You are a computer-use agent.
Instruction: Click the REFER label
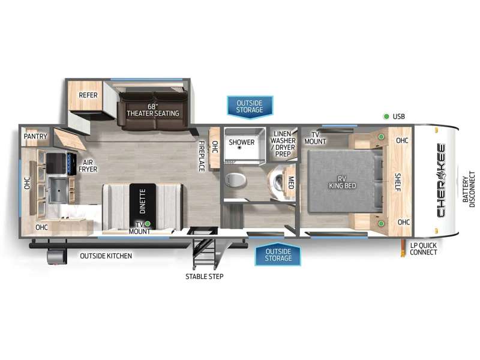88,95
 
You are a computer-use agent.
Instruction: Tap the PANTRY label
35,136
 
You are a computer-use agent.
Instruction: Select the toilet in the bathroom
235,180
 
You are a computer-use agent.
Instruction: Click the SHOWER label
242,142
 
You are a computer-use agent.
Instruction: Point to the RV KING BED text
342,182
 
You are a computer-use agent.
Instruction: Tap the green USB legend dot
386,116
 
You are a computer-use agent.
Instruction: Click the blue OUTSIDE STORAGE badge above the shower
250,107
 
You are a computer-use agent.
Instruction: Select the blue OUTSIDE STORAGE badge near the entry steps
278,255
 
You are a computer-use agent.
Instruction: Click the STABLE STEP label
204,277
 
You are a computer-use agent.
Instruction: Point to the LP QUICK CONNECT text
424,249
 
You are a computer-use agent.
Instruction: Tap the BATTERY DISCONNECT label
469,189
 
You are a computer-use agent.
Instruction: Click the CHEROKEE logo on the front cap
442,181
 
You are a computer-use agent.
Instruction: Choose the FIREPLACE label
202,156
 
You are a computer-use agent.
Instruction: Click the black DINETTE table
143,206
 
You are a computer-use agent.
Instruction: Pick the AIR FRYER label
88,166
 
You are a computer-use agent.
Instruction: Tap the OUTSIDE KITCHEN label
106,256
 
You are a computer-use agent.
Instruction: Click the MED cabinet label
291,182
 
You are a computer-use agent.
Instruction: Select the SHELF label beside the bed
398,182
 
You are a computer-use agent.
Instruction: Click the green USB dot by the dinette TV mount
148,224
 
